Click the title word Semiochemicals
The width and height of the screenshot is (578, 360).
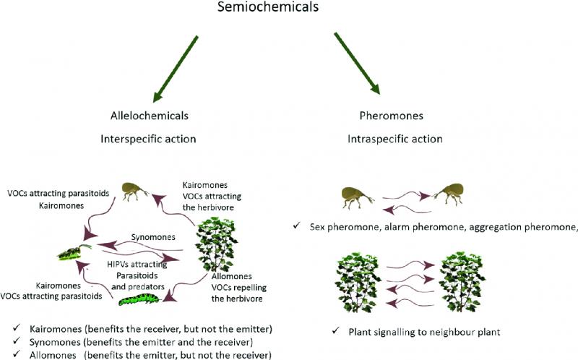pos(268,7)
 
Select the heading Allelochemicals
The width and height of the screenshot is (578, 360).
pos(150,116)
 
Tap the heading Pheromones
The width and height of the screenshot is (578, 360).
pos(392,116)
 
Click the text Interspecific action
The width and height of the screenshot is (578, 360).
pos(148,139)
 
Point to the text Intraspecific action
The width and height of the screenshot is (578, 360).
pos(394,139)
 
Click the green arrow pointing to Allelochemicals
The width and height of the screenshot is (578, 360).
pos(176,69)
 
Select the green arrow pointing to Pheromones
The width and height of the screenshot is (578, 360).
pos(357,64)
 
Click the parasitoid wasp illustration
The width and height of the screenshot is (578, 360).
pos(75,252)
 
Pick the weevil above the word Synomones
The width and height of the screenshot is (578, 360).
pos(134,190)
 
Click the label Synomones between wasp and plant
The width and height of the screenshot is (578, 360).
pos(153,237)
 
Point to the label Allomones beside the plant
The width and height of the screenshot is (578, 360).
pos(232,276)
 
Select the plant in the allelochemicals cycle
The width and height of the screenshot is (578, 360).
pos(217,244)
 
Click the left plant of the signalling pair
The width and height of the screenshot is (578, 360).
pos(358,282)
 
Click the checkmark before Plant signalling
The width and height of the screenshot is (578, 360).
pos(335,330)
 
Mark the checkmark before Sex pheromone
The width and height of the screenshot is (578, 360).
pos(297,226)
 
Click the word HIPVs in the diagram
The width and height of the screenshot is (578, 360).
pos(117,264)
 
